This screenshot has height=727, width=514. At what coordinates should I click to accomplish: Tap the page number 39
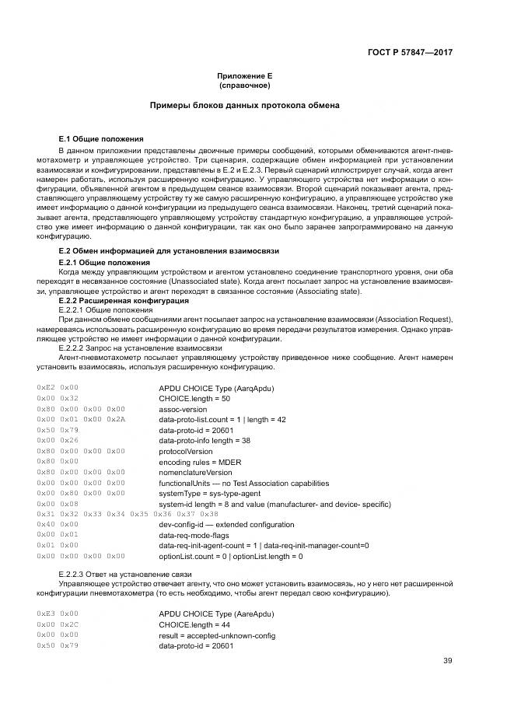pos(448,661)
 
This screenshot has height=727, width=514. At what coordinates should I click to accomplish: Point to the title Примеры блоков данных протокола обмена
pos(244,105)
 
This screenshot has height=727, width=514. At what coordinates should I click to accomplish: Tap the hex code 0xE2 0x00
pos(58,387)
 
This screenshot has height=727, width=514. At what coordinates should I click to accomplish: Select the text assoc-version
pos(183,408)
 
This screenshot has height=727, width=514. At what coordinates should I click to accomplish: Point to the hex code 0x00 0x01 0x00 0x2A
pos(81,419)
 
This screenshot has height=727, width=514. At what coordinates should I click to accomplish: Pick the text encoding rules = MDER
pos(201,461)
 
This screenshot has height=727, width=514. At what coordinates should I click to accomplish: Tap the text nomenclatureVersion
pos(195,472)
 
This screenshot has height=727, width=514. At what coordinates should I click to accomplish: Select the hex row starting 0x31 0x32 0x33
pos(128,514)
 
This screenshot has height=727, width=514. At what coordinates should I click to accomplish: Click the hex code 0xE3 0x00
pos(58,613)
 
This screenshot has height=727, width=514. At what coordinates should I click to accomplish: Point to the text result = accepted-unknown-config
pos(217,634)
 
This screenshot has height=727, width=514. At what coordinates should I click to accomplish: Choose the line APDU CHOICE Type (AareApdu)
pos(215,613)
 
